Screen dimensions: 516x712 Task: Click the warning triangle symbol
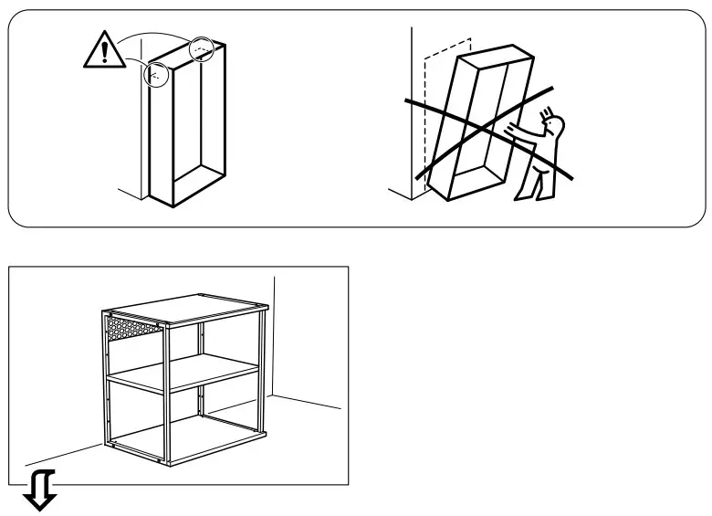105,54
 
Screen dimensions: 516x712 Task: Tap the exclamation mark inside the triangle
105,56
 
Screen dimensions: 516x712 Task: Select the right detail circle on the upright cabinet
202,48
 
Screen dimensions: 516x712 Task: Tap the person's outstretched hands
517,129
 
